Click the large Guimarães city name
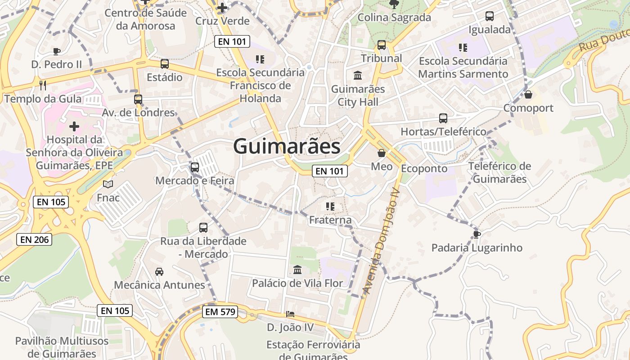point(287,147)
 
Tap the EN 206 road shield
point(35,239)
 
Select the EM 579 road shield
point(220,311)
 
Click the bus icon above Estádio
point(165,64)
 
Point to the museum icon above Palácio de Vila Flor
point(297,270)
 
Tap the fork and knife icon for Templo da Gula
point(43,85)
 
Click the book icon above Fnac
point(108,184)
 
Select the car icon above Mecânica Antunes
point(159,272)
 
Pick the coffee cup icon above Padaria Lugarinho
point(477,234)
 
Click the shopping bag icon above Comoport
point(528,94)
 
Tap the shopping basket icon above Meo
point(382,153)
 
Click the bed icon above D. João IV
point(290,314)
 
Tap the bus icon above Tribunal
point(382,45)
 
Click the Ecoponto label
point(424,169)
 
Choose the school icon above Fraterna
point(330,207)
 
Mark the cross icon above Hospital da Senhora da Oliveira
point(74,126)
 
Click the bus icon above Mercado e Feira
point(195,167)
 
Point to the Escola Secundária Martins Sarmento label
point(463,67)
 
